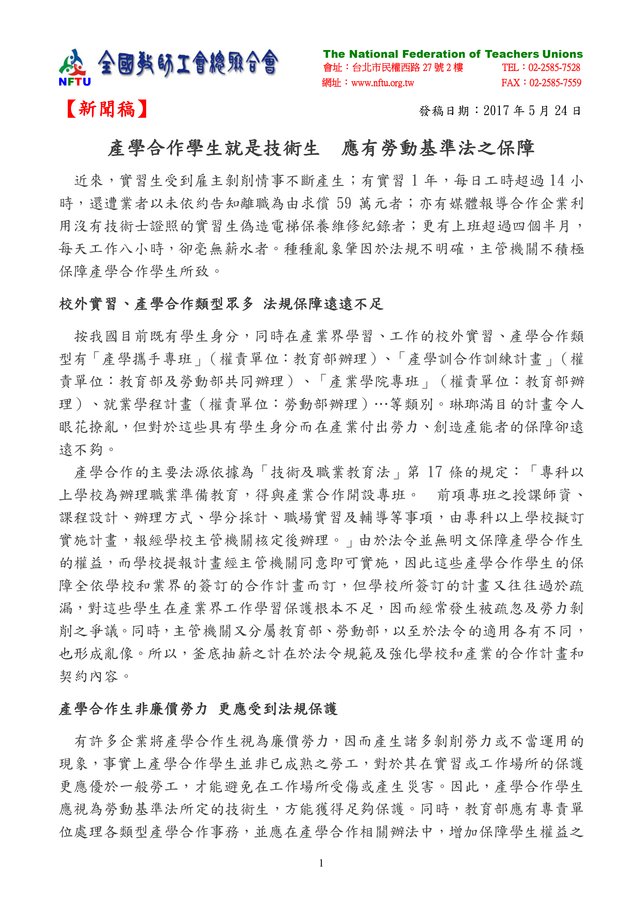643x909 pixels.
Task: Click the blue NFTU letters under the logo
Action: click(x=74, y=82)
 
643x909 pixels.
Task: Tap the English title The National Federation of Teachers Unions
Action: click(x=452, y=54)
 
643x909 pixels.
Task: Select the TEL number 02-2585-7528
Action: click(x=554, y=68)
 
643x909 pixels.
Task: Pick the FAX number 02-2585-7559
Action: click(x=555, y=83)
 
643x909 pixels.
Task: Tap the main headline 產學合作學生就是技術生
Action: click(x=214, y=148)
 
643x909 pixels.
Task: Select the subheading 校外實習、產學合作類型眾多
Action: click(x=156, y=304)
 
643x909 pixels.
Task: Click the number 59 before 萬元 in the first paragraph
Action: click(x=344, y=203)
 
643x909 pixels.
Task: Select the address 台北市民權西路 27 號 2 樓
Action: click(x=408, y=68)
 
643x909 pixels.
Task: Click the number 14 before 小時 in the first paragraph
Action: click(x=557, y=181)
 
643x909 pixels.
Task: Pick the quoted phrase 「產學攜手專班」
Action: click(x=146, y=359)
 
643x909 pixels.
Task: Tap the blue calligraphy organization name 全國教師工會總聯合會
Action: click(x=188, y=63)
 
